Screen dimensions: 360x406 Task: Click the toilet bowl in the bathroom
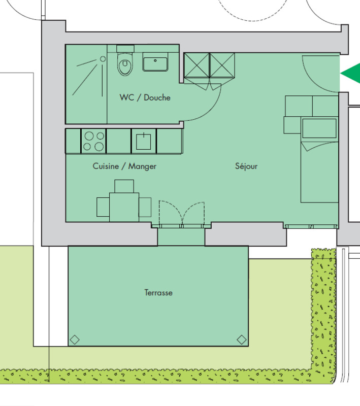coord(125,64)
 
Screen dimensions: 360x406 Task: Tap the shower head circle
coord(103,59)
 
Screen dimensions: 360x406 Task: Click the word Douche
coord(157,97)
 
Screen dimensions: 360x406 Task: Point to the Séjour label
coord(246,166)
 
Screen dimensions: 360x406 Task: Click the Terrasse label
coord(158,293)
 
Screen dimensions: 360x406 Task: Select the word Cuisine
coord(106,166)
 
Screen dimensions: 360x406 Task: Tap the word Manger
coord(142,166)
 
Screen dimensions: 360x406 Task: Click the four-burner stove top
coord(93,141)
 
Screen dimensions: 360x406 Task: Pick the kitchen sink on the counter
coord(144,141)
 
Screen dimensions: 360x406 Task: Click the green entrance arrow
coord(350,73)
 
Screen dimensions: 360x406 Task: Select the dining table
coord(124,207)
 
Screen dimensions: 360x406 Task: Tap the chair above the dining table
coord(124,186)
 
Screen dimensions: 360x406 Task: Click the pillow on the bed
coord(319,128)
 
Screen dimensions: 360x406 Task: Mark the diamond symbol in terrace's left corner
coord(75,340)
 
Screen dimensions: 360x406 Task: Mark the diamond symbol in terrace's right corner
coord(242,340)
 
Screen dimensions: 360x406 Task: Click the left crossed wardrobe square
coord(197,65)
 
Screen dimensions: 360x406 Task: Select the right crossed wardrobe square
coord(222,65)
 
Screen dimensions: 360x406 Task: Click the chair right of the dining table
coord(145,207)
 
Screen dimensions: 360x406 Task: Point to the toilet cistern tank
coord(125,49)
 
